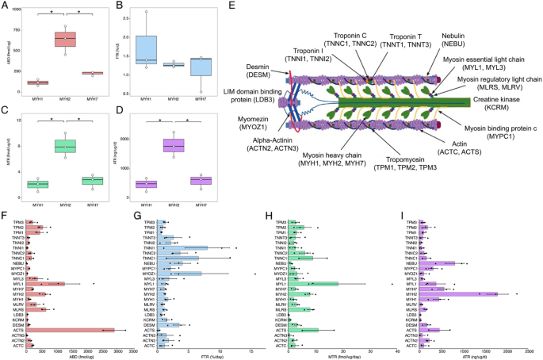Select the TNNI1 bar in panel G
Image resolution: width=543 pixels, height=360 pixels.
pos(182,248)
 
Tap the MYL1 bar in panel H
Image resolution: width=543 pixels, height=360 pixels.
pos(313,283)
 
